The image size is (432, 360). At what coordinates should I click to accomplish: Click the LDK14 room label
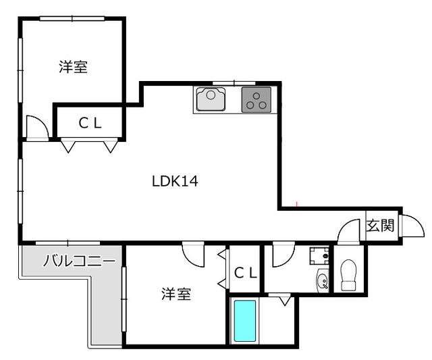pyautogui.click(x=174, y=181)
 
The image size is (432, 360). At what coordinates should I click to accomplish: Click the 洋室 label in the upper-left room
pyautogui.click(x=73, y=67)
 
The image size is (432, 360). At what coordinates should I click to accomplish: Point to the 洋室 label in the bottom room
pyautogui.click(x=175, y=294)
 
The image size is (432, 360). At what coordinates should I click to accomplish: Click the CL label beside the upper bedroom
pyautogui.click(x=90, y=123)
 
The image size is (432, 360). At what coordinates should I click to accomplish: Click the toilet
pyautogui.click(x=348, y=276)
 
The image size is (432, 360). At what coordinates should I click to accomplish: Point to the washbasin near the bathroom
pyautogui.click(x=323, y=280)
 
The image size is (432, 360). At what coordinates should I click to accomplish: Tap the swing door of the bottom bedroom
pyautogui.click(x=193, y=255)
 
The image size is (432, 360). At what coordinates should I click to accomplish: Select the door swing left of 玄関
pyautogui.click(x=350, y=232)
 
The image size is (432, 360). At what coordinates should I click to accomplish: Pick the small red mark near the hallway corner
pyautogui.click(x=297, y=203)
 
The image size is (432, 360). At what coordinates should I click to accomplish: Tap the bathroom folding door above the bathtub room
pyautogui.click(x=279, y=299)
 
